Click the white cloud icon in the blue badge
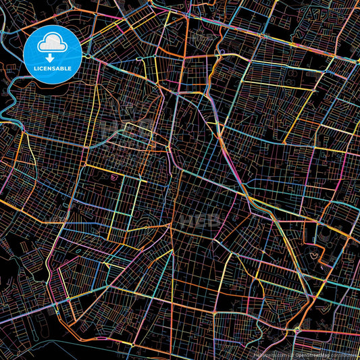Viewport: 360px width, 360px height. point(53,45)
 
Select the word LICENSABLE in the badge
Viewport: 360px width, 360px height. point(53,69)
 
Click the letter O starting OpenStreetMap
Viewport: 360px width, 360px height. point(297,354)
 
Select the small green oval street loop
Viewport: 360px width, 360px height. point(79,252)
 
